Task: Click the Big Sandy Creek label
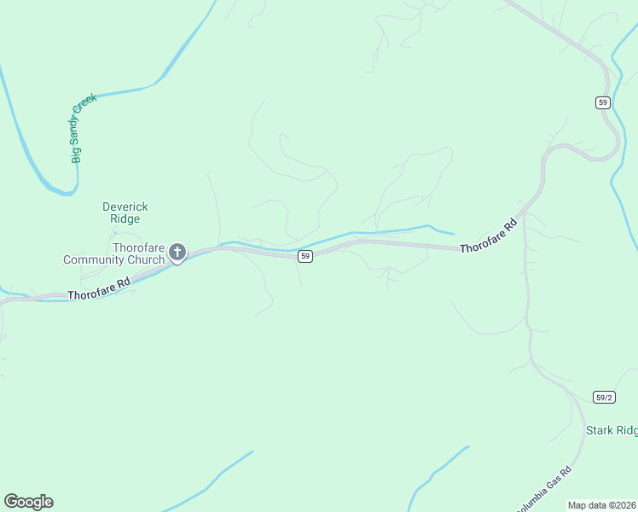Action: pos(84,128)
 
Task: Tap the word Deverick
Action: pos(125,207)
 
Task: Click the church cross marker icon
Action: pos(177,251)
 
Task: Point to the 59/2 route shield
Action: pos(604,397)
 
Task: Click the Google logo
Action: pos(28,502)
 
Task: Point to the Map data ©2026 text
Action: pos(601,505)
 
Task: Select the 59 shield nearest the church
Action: pos(304,256)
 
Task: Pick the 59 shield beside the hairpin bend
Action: pos(603,102)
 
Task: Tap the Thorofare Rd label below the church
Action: pos(99,288)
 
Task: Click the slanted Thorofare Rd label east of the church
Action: pos(489,236)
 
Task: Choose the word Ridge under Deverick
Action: pos(125,218)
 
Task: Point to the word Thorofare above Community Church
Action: pos(139,247)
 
